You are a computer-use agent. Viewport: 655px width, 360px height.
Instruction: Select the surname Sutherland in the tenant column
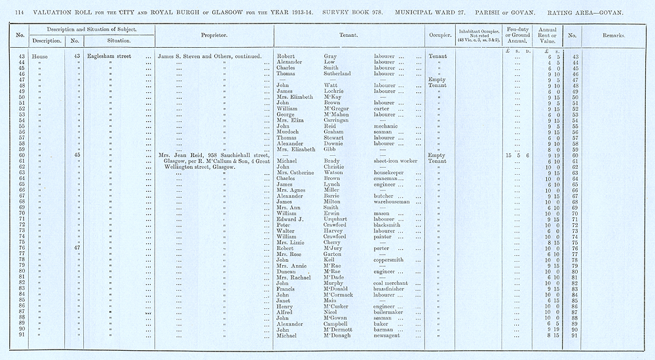[x=341, y=74]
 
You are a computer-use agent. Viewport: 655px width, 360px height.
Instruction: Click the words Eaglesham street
[x=109, y=56]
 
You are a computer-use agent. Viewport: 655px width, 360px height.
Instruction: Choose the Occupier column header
[x=440, y=35]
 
